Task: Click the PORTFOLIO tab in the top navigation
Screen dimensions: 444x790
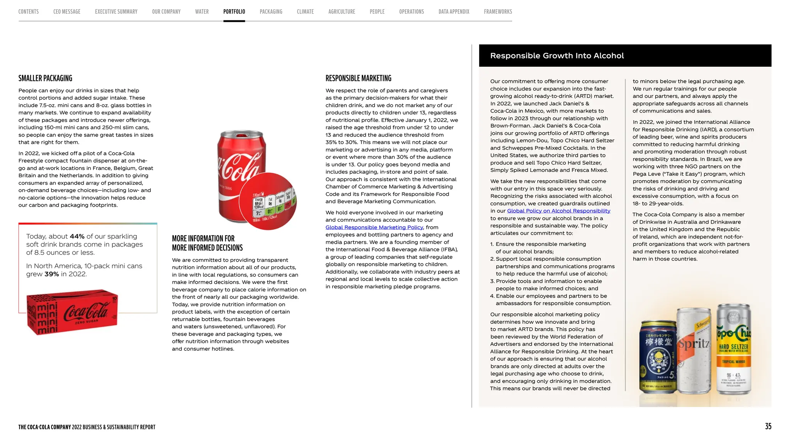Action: (234, 12)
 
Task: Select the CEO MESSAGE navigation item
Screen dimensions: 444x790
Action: (67, 12)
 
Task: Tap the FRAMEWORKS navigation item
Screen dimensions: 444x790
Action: (498, 12)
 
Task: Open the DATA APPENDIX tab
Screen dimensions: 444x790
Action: (454, 12)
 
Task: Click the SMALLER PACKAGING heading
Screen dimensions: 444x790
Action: (45, 78)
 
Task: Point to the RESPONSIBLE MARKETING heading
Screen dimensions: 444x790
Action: (358, 78)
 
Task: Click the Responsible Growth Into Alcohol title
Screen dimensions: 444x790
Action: (557, 55)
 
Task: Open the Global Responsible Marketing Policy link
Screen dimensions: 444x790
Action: (374, 227)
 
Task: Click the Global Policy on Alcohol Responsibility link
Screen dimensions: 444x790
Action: (558, 211)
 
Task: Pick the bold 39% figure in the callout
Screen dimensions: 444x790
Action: (51, 274)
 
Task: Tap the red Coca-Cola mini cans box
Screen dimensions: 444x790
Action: (72, 312)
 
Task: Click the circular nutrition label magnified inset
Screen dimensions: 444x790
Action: (268, 201)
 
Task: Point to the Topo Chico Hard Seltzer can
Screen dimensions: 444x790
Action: (733, 349)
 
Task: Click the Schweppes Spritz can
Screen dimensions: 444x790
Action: (694, 351)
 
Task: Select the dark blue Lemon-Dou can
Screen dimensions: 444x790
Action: (658, 357)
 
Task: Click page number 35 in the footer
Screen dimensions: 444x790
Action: (768, 426)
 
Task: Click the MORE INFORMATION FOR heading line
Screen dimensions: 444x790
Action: (203, 239)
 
